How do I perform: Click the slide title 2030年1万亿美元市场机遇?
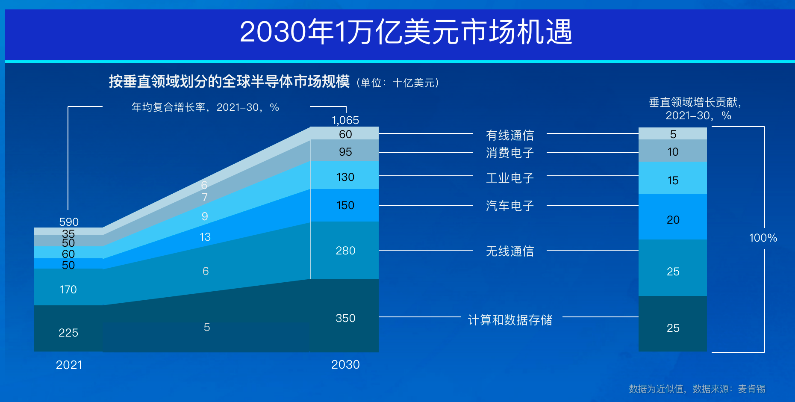[406, 32]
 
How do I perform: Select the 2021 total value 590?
[69, 222]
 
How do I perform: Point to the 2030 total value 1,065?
[345, 120]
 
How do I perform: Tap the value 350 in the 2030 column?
[345, 318]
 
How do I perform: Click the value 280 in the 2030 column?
[345, 251]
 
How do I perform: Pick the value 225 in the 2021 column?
[68, 333]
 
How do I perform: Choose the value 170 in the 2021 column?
[68, 290]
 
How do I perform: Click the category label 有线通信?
[510, 135]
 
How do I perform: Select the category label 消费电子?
[510, 153]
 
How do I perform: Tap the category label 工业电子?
[510, 178]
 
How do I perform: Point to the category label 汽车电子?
[510, 206]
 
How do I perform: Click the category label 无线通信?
[510, 251]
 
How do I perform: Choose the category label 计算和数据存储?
[510, 320]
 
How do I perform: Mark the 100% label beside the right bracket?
[763, 238]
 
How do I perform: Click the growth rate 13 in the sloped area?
[205, 237]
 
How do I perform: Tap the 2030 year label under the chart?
[345, 364]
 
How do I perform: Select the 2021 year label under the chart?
[69, 365]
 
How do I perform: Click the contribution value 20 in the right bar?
[673, 220]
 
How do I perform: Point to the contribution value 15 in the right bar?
[673, 180]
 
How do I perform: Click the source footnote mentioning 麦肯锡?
[697, 389]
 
